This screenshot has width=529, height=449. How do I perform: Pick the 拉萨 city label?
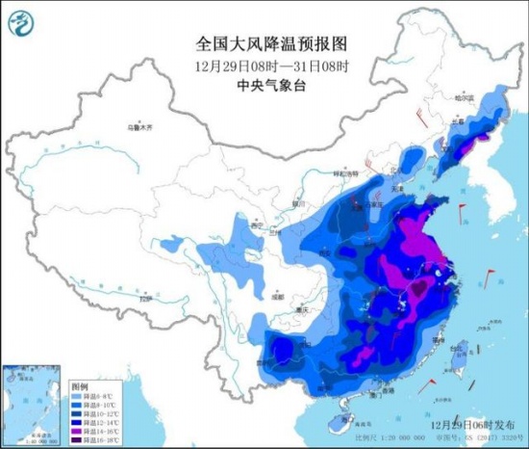click(x=145, y=301)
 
